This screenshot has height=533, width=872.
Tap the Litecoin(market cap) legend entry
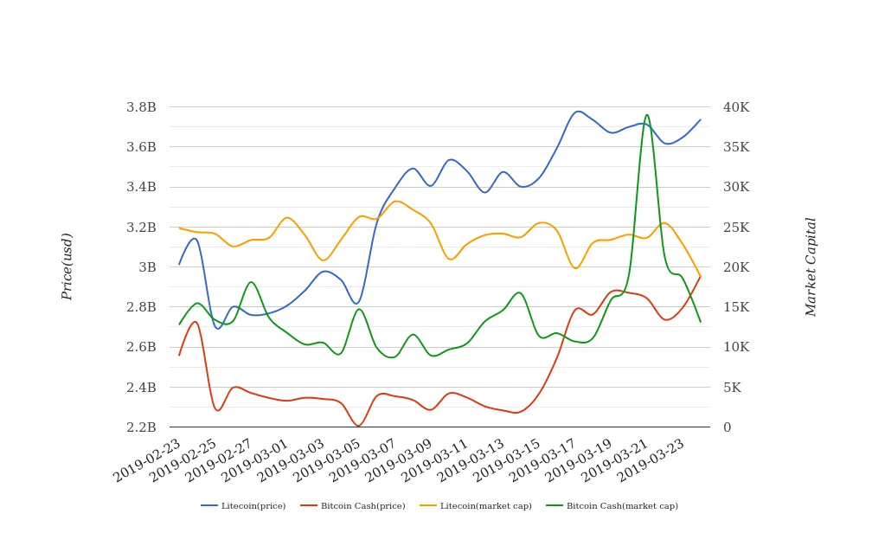coord(485,506)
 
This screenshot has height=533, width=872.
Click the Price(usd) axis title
coord(67,266)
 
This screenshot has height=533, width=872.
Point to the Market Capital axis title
coord(811,266)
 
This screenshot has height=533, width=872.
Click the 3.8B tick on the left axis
coord(141,107)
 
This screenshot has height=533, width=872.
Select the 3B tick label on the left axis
coord(148,267)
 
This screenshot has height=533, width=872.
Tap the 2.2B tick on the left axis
coord(141,427)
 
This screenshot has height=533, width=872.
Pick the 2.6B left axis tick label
coord(141,347)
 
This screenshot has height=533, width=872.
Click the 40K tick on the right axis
coord(736,107)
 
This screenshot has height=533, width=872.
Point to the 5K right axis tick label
coord(732,388)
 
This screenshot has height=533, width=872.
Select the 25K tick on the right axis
coord(736,228)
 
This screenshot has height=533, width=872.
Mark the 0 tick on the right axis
coord(727,427)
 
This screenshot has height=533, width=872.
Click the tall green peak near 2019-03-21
coord(646,114)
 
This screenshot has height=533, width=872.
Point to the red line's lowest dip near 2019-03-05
coord(358,426)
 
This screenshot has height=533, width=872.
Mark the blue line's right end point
coord(701,119)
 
